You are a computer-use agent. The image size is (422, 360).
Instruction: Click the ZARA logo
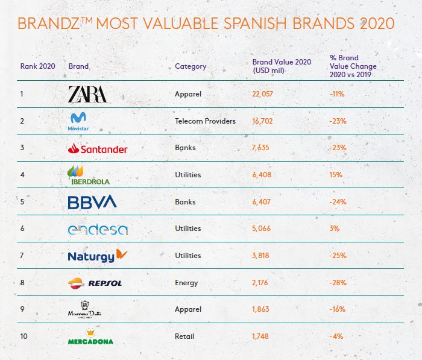point(88,94)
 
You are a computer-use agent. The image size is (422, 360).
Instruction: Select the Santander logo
point(98,148)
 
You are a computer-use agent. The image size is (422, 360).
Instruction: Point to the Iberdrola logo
point(89,174)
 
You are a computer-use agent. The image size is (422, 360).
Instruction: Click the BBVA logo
point(92,202)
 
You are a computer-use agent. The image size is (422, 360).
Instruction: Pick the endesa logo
point(98,229)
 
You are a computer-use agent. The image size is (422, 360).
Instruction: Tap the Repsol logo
point(96,282)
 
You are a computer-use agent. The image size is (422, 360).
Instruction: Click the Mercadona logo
point(90,337)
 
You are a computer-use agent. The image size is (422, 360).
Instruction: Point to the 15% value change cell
point(336,175)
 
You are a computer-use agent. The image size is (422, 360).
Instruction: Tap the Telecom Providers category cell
point(205,121)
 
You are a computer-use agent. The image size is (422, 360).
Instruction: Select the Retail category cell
point(184,337)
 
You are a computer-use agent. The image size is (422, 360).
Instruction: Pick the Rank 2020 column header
point(38,66)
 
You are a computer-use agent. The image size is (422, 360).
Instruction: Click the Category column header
point(191,66)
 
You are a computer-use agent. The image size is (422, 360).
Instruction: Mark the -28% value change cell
point(338,283)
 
